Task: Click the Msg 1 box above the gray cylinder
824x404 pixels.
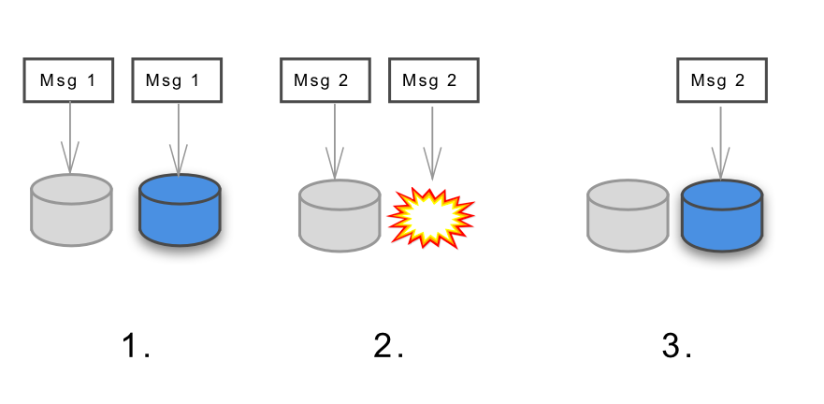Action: [x=68, y=80]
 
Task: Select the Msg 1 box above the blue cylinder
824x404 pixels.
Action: [x=177, y=80]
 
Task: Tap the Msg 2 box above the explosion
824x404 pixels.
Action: [x=433, y=80]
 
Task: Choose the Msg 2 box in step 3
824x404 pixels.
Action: [x=721, y=80]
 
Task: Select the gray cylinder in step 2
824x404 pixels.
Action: [x=340, y=215]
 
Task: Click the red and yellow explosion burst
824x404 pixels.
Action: [x=431, y=216]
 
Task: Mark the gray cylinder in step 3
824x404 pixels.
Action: [x=628, y=216]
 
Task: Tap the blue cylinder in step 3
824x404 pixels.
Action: [x=722, y=216]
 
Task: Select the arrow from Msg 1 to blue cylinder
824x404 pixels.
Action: [x=179, y=136]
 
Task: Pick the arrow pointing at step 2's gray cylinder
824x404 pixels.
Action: [x=335, y=140]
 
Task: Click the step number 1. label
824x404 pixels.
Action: [x=136, y=347]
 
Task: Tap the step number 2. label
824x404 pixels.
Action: [x=388, y=347]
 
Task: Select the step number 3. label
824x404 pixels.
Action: [x=676, y=347]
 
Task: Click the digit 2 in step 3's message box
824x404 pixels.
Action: [x=740, y=80]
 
